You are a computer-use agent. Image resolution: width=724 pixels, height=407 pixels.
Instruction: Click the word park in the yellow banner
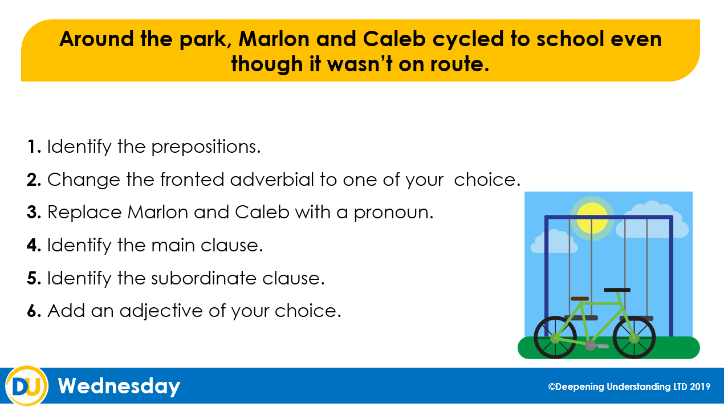[205, 39]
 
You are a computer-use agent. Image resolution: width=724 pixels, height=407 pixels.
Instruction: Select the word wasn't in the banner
[360, 64]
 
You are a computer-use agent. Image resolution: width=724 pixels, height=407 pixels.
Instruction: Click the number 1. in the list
[34, 146]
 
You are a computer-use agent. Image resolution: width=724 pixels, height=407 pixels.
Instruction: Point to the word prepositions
[206, 148]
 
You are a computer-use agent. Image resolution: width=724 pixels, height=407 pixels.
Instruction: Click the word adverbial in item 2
[272, 179]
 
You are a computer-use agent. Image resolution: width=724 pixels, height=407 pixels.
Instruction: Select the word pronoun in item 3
[393, 213]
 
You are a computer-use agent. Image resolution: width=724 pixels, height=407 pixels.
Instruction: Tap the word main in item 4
[173, 245]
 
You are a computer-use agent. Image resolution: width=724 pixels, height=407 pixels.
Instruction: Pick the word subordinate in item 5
[204, 278]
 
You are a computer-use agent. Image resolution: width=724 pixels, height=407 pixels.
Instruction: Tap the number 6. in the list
[34, 311]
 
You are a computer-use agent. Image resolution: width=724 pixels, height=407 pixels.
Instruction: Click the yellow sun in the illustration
[592, 218]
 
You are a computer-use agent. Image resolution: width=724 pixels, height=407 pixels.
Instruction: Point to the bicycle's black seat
[617, 290]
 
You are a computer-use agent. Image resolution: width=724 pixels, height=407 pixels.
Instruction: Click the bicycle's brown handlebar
[580, 299]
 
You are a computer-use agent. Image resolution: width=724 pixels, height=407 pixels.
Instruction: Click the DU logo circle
[27, 386]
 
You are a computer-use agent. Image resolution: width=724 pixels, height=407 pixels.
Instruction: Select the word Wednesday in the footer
[119, 386]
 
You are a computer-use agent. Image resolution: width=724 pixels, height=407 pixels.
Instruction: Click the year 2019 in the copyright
[699, 386]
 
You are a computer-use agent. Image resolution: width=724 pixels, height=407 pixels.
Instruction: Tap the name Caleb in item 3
[262, 213]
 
